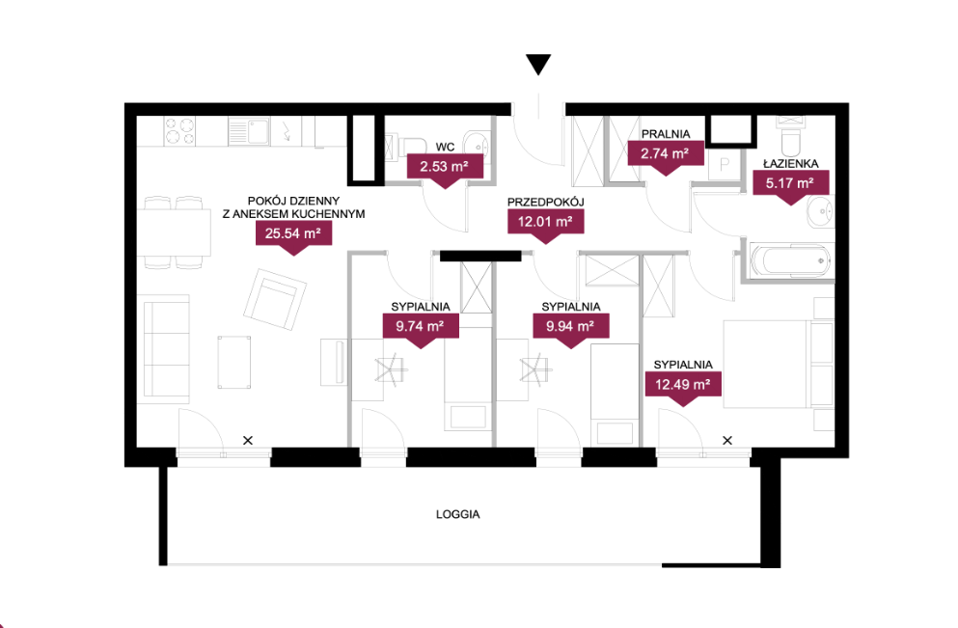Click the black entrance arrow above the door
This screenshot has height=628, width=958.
(538, 64)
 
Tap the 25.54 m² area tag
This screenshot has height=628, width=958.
(293, 236)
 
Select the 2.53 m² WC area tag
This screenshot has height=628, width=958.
(445, 170)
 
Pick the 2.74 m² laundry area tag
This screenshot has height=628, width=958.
(666, 157)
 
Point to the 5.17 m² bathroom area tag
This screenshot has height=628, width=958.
(790, 186)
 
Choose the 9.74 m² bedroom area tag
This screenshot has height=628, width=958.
(421, 330)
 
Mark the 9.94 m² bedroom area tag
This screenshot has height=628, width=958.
(570, 330)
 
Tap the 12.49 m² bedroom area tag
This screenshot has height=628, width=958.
(683, 388)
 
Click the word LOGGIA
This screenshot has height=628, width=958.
(457, 514)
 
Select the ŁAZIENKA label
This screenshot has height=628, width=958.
(790, 164)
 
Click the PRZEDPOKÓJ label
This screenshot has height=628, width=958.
(546, 202)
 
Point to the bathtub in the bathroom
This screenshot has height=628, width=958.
(790, 260)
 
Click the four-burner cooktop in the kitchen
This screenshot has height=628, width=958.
(180, 131)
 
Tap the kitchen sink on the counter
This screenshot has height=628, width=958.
(249, 131)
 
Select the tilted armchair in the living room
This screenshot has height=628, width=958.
(275, 299)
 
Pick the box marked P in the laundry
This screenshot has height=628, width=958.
(724, 164)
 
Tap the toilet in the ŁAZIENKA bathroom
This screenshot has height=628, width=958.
(790, 137)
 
